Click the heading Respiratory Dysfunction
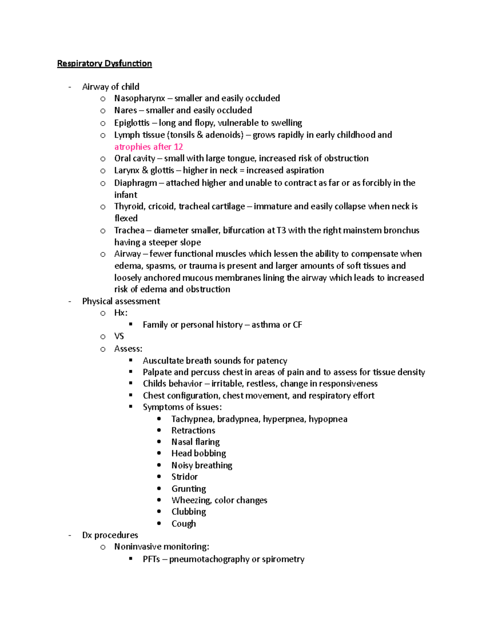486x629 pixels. pyautogui.click(x=104, y=64)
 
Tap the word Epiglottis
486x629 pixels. pyautogui.click(x=132, y=123)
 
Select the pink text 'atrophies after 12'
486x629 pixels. pyautogui.click(x=149, y=147)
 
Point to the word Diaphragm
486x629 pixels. pyautogui.click(x=135, y=183)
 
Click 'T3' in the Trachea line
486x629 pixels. pyautogui.click(x=281, y=230)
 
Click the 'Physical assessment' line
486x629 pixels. pyautogui.click(x=121, y=301)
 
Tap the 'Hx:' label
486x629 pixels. pyautogui.click(x=121, y=313)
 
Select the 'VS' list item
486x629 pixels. pyautogui.click(x=119, y=336)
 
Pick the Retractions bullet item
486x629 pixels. pyautogui.click(x=193, y=431)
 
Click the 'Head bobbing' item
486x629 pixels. pyautogui.click(x=198, y=454)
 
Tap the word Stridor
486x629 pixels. pyautogui.click(x=184, y=477)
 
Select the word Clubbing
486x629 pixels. pyautogui.click(x=188, y=512)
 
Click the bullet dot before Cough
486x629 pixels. pyautogui.click(x=159, y=524)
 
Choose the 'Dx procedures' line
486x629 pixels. pyautogui.click(x=110, y=535)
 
